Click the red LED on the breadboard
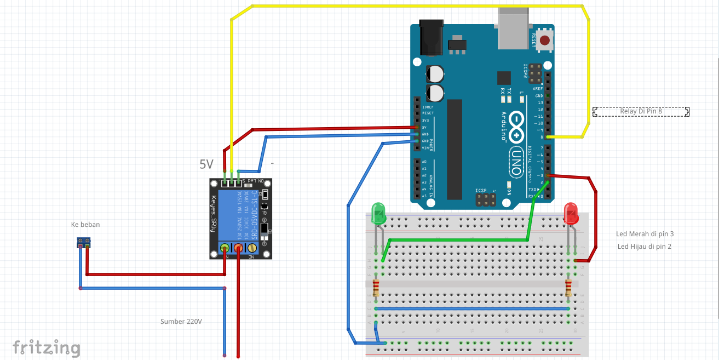coord(571,213)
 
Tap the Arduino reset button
coord(545,41)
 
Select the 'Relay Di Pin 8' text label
coord(641,112)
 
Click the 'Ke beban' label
coord(85,225)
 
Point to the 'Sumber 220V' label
coord(181,322)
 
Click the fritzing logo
coord(47,347)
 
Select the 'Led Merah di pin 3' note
coord(645,234)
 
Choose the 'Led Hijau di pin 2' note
coord(644,247)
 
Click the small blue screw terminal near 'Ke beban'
coord(84,242)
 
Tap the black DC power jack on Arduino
coord(430,38)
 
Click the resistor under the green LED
coord(376,287)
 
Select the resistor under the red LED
coord(568,287)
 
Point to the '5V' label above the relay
coord(206,164)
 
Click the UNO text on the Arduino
coord(516,162)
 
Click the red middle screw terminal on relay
coord(239,248)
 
